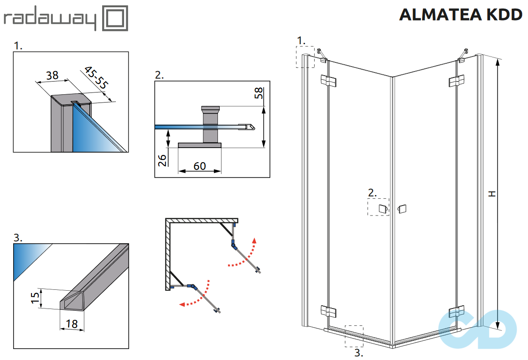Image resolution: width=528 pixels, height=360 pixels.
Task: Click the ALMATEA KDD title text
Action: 461,15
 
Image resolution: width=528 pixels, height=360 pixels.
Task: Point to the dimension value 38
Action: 52,75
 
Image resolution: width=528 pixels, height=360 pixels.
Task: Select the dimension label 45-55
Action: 95,78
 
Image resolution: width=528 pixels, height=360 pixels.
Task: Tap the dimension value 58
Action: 259,93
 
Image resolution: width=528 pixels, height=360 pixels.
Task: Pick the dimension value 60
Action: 200,166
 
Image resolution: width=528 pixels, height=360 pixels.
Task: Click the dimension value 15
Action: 35,298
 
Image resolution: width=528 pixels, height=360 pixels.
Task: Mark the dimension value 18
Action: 72,324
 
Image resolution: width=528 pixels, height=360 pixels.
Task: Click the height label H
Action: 492,193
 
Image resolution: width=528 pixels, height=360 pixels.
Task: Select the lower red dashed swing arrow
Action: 197,297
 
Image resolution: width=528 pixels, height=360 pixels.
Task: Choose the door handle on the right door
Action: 402,209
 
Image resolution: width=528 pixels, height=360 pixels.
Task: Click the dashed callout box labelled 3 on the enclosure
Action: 354,336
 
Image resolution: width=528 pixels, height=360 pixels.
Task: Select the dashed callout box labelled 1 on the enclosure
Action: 305,57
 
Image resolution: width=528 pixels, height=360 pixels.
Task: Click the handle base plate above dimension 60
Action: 199,145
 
